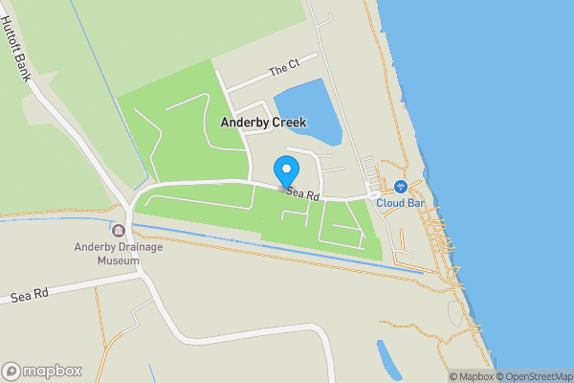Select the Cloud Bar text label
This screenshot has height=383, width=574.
click(401, 203)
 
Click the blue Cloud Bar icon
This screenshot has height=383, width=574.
click(402, 186)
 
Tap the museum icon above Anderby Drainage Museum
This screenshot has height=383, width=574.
click(119, 231)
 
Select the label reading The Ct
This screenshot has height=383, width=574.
click(284, 70)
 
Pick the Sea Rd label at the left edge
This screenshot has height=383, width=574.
click(30, 297)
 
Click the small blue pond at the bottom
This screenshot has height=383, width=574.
click(389, 359)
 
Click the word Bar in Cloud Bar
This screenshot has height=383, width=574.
click(415, 203)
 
